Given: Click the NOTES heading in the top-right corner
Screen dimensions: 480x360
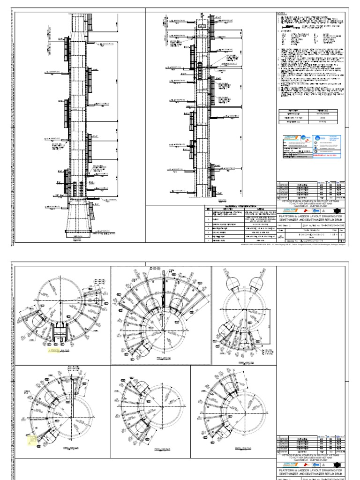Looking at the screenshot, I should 282,13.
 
